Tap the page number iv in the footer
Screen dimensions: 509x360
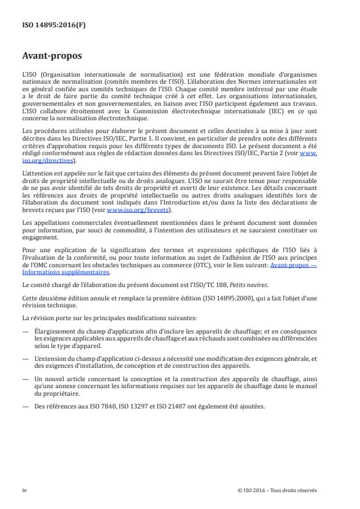pos(24,490)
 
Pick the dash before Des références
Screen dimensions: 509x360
pos(25,406)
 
